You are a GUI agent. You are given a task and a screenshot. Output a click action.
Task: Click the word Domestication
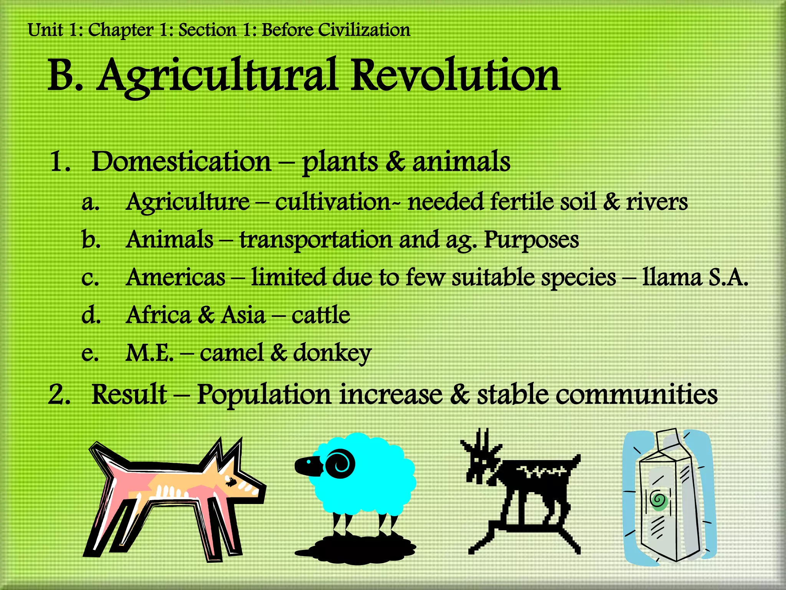click(x=181, y=161)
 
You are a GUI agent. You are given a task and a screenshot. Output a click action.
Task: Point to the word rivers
click(x=657, y=202)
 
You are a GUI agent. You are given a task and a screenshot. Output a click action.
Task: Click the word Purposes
click(x=531, y=240)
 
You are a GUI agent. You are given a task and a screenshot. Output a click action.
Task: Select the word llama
click(x=672, y=277)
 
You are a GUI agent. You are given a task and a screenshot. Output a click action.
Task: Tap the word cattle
click(x=321, y=315)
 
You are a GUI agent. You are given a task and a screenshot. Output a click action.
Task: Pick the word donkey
click(x=332, y=353)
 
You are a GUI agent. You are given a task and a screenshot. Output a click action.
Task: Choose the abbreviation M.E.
click(x=150, y=353)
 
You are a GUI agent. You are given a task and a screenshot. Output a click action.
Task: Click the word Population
click(x=264, y=395)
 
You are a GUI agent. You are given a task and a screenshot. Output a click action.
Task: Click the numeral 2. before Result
click(x=59, y=395)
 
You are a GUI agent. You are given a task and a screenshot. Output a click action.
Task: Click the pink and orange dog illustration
click(x=173, y=496)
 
